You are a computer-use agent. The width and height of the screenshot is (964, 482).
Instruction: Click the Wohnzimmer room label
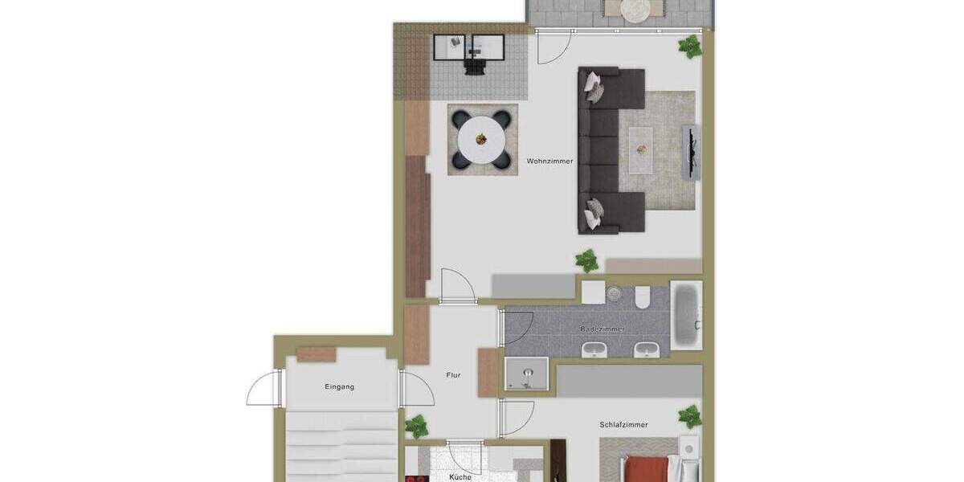(x=550, y=161)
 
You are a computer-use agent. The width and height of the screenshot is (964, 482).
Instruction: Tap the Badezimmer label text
(x=602, y=329)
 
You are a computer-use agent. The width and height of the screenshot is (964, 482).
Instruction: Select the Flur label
(x=454, y=375)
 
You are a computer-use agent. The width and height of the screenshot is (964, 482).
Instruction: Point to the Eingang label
(x=340, y=386)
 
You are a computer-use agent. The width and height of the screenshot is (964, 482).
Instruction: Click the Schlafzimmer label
(x=623, y=425)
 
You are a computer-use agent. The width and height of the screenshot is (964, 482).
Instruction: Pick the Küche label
(x=460, y=476)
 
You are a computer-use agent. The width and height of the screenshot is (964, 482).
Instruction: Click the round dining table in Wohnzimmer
(x=481, y=140)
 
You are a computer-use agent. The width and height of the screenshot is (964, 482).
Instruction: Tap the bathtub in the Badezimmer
(x=686, y=315)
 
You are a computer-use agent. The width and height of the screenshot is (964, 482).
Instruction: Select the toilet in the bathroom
(x=643, y=298)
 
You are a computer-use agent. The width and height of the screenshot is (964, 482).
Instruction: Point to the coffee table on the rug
(x=641, y=149)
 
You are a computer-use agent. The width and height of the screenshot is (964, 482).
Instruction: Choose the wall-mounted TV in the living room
(x=688, y=153)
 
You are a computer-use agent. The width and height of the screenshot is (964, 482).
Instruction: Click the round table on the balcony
(x=636, y=9)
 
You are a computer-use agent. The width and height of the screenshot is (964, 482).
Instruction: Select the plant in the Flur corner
(x=416, y=426)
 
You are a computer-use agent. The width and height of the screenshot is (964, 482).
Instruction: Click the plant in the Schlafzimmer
(x=689, y=416)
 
